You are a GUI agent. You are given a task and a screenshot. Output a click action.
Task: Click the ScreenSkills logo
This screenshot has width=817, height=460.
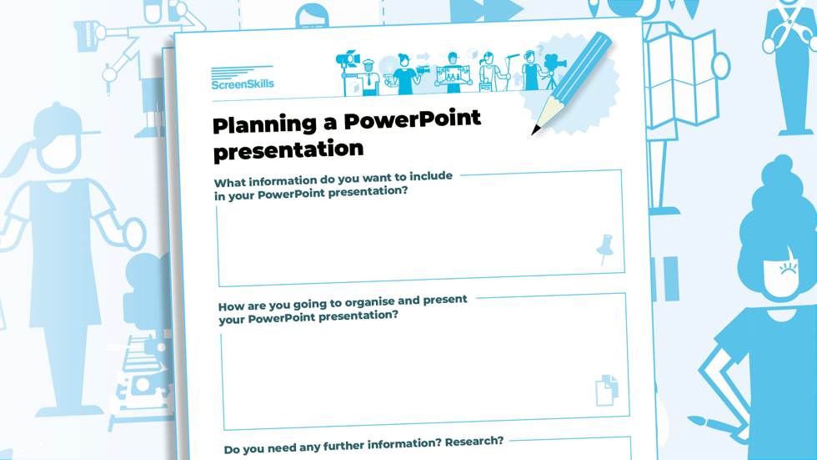click(x=243, y=78)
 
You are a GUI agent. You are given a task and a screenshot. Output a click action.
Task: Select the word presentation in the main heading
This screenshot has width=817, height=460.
click(x=288, y=150)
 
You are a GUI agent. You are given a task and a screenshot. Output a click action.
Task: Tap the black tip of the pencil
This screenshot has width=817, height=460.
click(x=535, y=129)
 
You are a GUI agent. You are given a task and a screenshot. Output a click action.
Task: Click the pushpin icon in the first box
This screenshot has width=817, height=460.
click(x=605, y=249)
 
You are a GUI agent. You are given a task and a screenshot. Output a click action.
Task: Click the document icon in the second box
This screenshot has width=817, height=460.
click(x=607, y=390)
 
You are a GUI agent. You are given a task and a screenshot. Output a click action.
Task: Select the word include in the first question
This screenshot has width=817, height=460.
click(x=431, y=176)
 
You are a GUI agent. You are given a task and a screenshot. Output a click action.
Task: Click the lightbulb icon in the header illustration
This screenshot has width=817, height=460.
click(x=388, y=66)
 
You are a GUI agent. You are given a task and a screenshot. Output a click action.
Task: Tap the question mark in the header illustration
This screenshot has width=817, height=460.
click(x=540, y=49)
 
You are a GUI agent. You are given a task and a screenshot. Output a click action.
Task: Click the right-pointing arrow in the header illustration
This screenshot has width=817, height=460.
click(x=424, y=56)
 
